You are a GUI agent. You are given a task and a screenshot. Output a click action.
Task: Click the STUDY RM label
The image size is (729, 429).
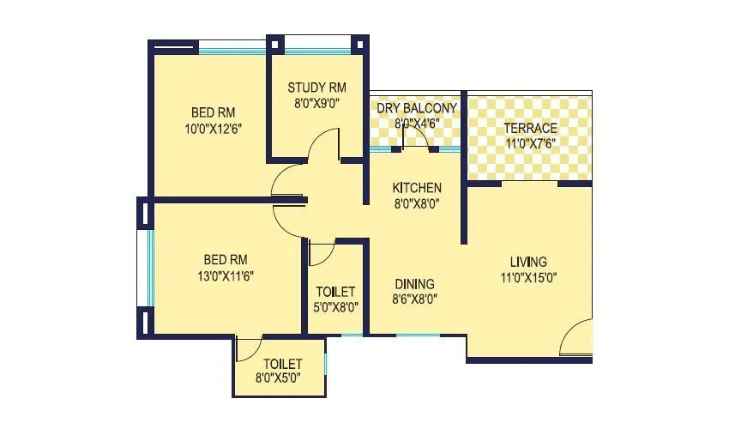(316, 87)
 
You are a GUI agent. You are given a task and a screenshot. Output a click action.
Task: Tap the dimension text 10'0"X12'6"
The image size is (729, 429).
(214, 129)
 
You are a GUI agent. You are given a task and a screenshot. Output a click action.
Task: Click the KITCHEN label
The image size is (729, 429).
(417, 188)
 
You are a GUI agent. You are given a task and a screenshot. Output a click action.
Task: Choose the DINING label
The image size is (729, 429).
(414, 284)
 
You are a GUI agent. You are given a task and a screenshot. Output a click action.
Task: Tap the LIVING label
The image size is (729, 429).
(528, 262)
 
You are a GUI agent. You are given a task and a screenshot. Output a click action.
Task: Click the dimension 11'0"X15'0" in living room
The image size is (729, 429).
(528, 277)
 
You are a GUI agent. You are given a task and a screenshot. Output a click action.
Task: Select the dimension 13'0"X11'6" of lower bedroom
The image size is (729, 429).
(226, 275)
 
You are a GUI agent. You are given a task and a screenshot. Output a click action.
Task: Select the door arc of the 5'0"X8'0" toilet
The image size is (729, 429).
(322, 255)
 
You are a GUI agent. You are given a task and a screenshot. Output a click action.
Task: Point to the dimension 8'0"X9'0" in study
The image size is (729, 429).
(316, 101)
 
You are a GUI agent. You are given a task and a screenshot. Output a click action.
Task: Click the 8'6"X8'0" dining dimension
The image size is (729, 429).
(414, 299)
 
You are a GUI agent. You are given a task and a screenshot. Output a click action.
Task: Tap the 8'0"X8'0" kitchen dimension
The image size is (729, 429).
(417, 203)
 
